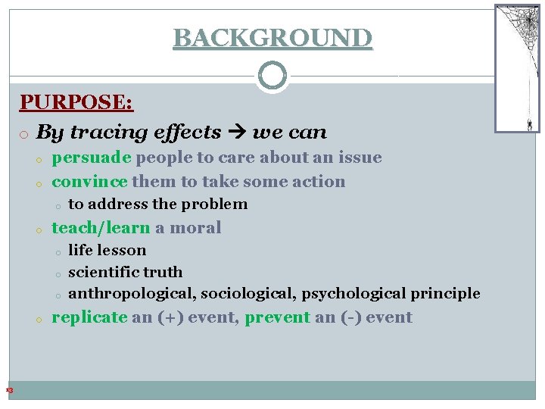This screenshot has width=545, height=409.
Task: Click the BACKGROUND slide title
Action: [x=272, y=37]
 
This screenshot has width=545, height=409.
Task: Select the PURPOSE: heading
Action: [x=76, y=102]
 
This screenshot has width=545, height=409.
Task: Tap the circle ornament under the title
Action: [x=272, y=76]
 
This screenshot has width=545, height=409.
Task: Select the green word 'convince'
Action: [x=89, y=181]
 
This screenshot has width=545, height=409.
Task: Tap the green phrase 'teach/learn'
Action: [x=101, y=227]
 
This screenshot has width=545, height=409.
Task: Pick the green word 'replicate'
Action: [x=89, y=317]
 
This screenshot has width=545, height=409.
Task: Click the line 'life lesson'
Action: [x=107, y=250]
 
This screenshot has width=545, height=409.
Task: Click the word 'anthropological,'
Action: [x=131, y=293]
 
